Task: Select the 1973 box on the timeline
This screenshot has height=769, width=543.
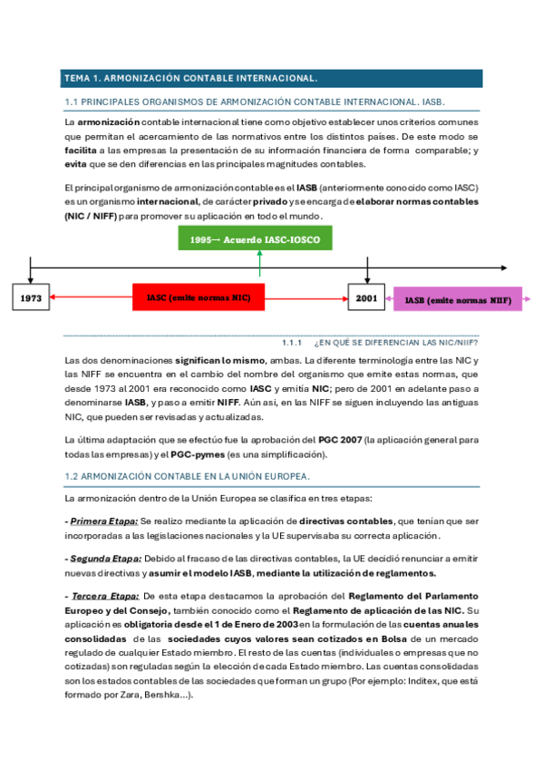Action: click(32, 297)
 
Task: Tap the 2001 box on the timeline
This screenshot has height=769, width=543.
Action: click(366, 297)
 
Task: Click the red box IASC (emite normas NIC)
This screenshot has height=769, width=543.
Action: click(199, 297)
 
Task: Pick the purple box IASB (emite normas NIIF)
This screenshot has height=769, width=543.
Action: click(457, 299)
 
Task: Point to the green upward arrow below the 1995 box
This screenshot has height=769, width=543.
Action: click(259, 263)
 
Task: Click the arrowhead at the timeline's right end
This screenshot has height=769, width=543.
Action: click(504, 268)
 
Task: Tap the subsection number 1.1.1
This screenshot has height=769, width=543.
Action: click(293, 343)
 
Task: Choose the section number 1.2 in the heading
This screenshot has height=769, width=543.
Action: click(73, 476)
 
